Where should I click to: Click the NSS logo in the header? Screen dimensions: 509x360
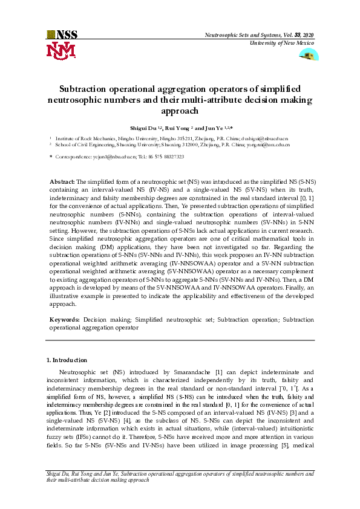point(61,34)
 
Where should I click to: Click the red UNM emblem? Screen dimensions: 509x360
point(61,51)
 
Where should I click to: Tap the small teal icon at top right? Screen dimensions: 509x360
point(309,55)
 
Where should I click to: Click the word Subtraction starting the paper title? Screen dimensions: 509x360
point(86,89)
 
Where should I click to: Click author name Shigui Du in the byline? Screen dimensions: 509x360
point(143,129)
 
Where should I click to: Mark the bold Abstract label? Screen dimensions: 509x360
point(62,181)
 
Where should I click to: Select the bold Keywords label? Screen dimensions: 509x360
point(64,318)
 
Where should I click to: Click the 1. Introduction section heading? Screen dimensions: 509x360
point(67,360)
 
